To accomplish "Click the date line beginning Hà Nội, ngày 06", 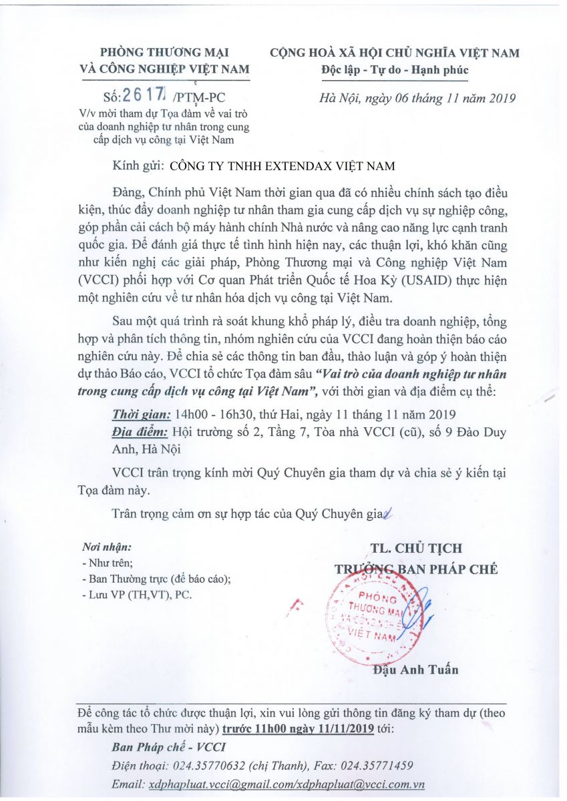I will (x=417, y=98).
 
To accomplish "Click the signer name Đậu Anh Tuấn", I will (x=416, y=670).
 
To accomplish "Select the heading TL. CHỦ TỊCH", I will (x=416, y=548).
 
